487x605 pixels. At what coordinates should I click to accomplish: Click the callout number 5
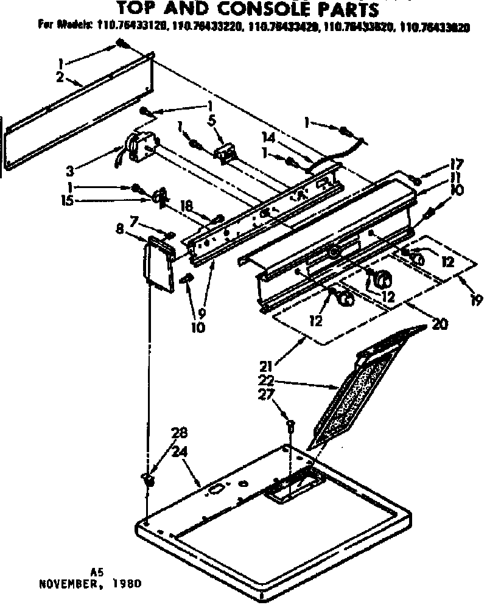(211, 121)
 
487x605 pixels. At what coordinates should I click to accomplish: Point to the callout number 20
(439, 324)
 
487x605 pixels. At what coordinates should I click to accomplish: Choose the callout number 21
(265, 366)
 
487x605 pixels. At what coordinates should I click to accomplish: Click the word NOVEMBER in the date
(65, 582)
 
